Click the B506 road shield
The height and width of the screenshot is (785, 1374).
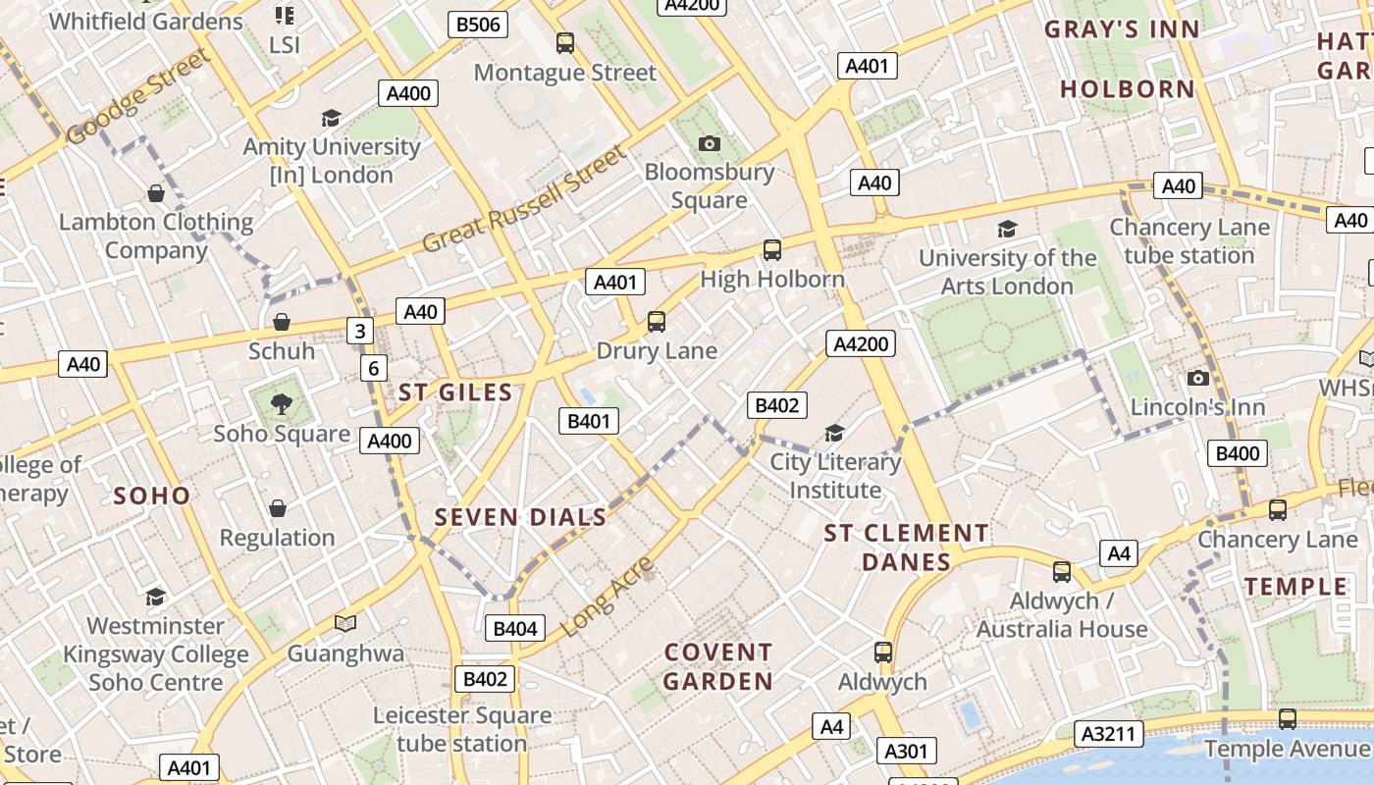coord(478,25)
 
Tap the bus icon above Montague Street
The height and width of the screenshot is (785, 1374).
coord(564,43)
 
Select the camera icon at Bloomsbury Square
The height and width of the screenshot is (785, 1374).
coord(709,143)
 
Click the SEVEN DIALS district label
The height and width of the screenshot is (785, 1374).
coord(520,517)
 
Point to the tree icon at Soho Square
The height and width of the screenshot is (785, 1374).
coord(282,403)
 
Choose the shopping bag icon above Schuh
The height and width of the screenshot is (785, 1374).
coord(282,322)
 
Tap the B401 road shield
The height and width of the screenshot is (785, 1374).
coord(589,422)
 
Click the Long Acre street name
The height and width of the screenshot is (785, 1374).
coord(609,596)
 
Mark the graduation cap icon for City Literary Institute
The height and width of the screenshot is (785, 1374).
coord(834,433)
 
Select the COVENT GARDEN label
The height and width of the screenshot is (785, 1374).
coord(718,666)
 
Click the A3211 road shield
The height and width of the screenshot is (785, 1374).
coord(1109,733)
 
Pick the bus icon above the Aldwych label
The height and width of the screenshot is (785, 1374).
coord(882,653)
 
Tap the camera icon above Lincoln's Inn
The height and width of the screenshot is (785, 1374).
coord(1197,378)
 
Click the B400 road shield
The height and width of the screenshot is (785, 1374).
coord(1237,453)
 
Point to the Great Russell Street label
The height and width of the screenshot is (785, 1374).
coord(524,200)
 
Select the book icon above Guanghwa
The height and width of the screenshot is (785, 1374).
coord(344,623)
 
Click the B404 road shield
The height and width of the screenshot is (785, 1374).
coord(515,629)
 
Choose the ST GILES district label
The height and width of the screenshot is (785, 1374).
coord(455,393)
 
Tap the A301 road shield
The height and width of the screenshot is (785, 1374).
coord(906,752)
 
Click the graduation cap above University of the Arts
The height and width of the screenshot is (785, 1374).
coord(1007,229)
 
